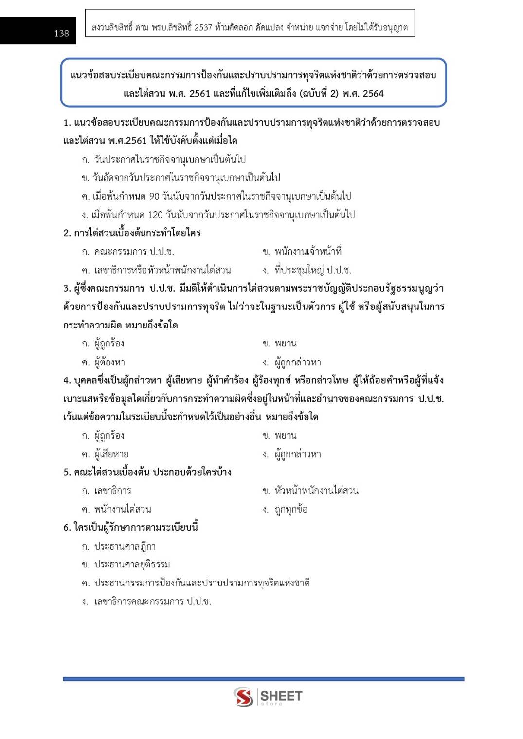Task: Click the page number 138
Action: (x=61, y=34)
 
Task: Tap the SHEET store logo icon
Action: (x=243, y=697)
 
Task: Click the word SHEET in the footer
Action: (x=281, y=696)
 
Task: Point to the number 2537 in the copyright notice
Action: (x=203, y=28)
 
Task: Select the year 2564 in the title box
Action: (x=373, y=93)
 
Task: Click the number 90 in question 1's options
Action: (x=154, y=196)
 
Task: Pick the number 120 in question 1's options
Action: (x=155, y=215)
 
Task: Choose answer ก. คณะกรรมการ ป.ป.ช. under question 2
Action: (x=128, y=252)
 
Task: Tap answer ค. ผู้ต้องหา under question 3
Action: (x=104, y=362)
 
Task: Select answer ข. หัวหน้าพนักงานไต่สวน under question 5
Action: (x=310, y=491)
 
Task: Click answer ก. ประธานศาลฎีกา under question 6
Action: (x=119, y=547)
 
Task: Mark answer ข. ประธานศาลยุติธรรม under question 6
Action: (x=126, y=565)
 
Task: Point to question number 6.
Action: (x=67, y=528)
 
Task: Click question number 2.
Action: (x=67, y=233)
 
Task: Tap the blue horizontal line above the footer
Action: (x=263, y=679)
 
